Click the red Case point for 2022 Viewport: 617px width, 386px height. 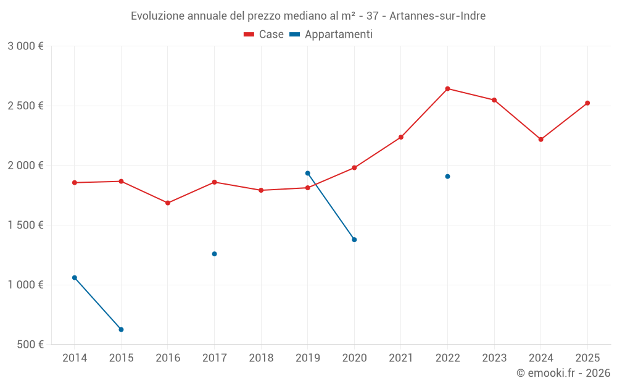click(447, 89)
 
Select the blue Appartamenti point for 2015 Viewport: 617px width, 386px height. click(121, 330)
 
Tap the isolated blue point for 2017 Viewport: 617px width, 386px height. click(214, 254)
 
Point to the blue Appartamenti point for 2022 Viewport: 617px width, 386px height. click(447, 177)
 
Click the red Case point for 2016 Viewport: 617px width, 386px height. click(168, 203)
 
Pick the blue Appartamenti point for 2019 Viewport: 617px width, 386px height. click(307, 174)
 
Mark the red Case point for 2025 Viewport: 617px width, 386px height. click(587, 103)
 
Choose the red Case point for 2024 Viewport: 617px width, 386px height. click(540, 140)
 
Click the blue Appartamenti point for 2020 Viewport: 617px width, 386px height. click(354, 240)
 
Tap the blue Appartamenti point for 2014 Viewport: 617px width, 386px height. click(75, 278)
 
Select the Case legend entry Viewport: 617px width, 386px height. click(264, 35)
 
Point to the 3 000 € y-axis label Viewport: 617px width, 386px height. click(25, 46)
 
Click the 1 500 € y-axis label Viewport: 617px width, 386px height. click(25, 225)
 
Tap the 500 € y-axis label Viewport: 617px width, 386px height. click(30, 345)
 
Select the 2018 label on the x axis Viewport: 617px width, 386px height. click(261, 358)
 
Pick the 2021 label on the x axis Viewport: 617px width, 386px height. click(401, 358)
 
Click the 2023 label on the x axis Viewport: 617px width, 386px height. click(494, 358)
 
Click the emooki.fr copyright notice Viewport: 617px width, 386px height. click(563, 373)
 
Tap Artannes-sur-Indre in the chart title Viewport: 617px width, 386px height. click(437, 16)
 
